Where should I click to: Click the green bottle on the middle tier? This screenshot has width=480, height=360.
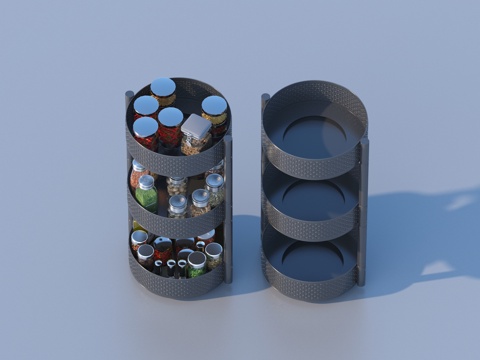(147, 192)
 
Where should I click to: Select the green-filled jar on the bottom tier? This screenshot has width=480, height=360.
(196, 263)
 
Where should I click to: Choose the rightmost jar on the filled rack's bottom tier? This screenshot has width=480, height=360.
(213, 253)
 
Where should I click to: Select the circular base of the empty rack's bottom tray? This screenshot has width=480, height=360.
(313, 261)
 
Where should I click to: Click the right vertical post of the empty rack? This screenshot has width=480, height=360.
(363, 200)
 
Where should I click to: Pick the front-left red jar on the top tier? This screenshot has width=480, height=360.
(146, 132)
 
